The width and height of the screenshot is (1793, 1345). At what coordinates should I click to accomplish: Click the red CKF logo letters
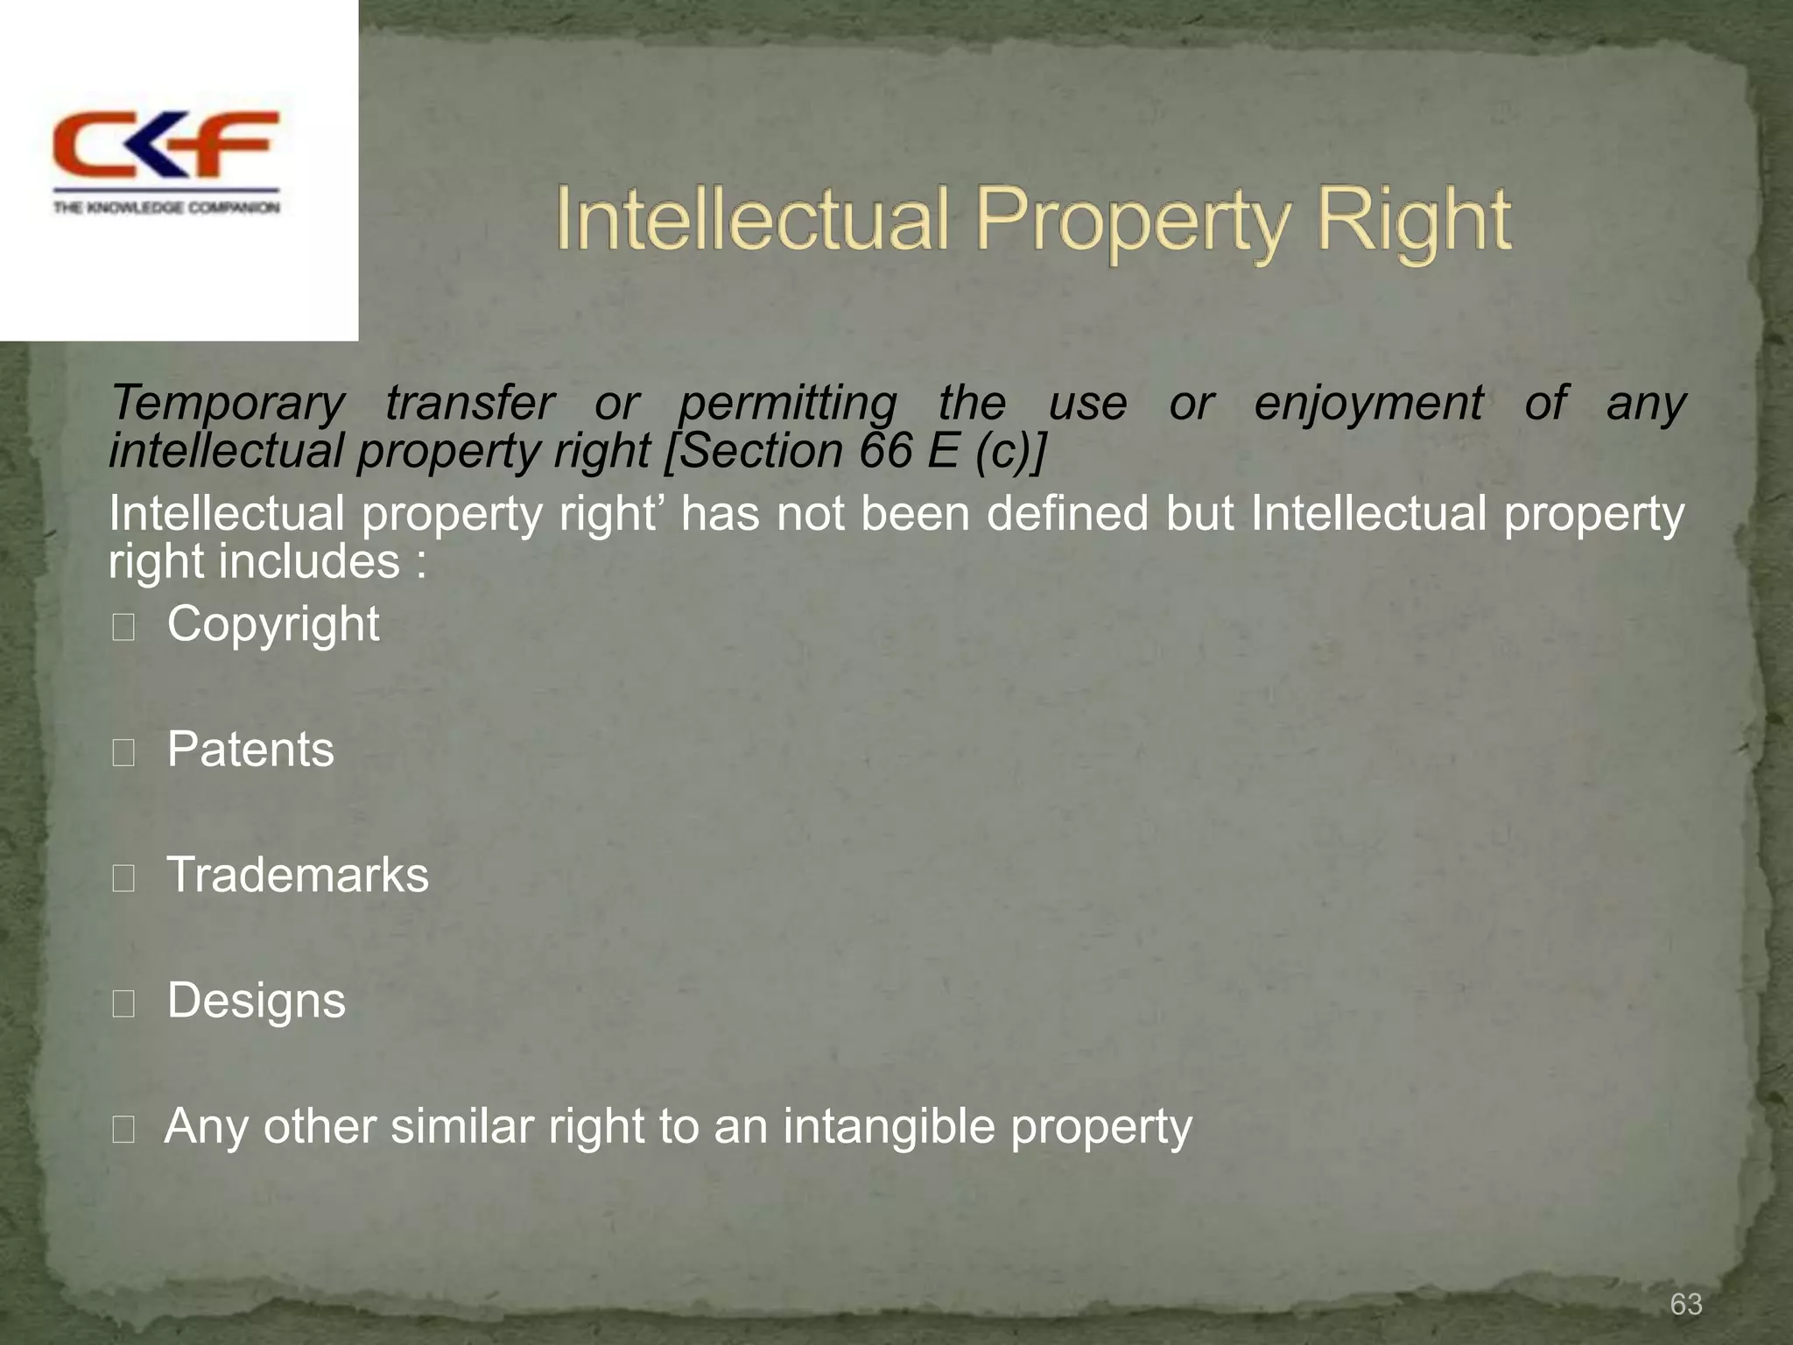pos(166,144)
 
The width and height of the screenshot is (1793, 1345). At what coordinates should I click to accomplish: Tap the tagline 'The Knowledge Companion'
pos(166,208)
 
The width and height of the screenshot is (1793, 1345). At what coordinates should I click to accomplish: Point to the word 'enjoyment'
pos(1368,404)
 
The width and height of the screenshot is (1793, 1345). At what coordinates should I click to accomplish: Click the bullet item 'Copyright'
pos(273,624)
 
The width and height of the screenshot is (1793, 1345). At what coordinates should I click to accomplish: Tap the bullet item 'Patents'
pos(250,750)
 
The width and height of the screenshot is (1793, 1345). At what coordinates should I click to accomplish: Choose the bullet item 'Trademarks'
pos(298,875)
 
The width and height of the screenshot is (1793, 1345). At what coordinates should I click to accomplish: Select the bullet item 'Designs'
pos(257,1001)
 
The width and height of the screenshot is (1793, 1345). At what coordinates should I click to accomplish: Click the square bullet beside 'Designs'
pos(123,1004)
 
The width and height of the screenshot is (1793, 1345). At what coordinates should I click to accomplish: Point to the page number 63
pos(1686,1304)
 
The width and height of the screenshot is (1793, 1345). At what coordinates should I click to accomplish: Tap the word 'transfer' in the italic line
pos(470,404)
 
